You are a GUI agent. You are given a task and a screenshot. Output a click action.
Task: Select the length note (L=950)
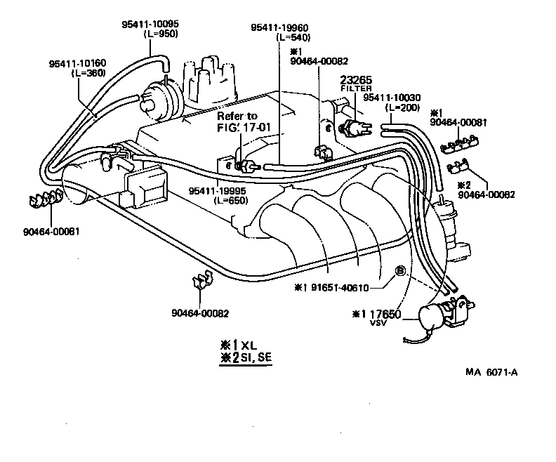pyautogui.click(x=160, y=34)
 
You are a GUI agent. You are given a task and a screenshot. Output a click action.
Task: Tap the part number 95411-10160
pyautogui.click(x=77, y=63)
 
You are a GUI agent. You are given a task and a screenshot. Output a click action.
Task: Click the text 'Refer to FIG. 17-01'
pyautogui.click(x=237, y=121)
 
